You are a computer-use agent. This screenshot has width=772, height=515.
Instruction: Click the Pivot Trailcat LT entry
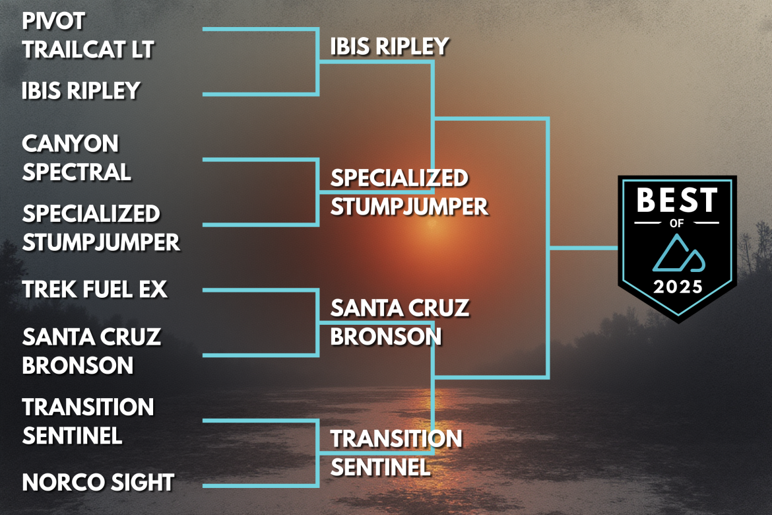[88, 35]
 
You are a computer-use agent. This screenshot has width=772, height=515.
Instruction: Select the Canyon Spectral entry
[76, 157]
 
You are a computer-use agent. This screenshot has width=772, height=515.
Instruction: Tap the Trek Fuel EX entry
[94, 289]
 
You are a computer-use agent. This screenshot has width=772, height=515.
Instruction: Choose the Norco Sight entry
[98, 482]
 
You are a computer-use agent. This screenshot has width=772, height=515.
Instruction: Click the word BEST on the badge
[676, 201]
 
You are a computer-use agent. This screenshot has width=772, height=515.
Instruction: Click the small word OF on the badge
[676, 223]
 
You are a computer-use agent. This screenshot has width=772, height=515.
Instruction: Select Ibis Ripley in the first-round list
[80, 90]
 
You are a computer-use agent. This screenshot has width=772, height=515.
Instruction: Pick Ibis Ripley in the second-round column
[389, 46]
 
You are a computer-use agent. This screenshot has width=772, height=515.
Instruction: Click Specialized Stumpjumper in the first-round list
[100, 228]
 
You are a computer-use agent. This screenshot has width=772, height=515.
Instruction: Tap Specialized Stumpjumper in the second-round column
[409, 191]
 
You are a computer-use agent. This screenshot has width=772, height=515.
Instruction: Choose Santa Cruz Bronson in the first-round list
[91, 351]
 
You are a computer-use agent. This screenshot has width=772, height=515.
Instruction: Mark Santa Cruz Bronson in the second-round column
[399, 322]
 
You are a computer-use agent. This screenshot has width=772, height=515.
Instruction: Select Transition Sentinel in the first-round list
[88, 421]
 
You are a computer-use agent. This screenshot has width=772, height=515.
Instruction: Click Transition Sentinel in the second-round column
[396, 452]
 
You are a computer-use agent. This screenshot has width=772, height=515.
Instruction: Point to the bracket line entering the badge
[584, 248]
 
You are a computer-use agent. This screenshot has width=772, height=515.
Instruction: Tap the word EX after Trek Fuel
[153, 289]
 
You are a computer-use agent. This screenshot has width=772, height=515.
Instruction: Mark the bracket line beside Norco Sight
[257, 487]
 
